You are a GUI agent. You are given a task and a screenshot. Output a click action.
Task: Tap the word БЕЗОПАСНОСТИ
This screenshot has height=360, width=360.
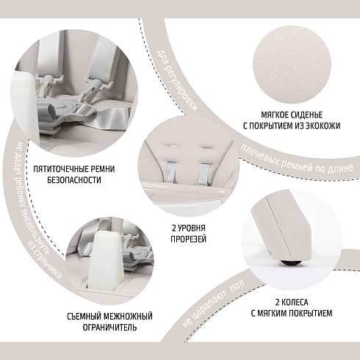pos(73,180)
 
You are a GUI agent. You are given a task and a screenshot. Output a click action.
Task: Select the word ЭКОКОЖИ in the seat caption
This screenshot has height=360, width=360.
pos(320,126)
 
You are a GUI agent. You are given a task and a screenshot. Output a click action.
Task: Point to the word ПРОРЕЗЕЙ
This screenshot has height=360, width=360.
pos(188,239)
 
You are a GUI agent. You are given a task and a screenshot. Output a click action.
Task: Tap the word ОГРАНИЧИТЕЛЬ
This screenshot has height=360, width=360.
pos(109,328)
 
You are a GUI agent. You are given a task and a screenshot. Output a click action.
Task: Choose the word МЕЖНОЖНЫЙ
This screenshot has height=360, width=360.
pos(128,317)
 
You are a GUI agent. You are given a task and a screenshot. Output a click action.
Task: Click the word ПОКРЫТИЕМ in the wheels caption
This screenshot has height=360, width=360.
pos(308,313)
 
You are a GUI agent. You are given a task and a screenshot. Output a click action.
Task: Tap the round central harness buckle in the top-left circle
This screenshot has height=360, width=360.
pos(65,108)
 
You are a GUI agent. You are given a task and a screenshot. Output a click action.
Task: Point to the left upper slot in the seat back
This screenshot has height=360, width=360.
pos(172,146)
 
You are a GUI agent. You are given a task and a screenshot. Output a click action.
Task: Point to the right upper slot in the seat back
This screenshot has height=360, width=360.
pos(207,147)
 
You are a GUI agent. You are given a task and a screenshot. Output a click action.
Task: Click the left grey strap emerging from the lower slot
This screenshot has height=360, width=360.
pos(171,172)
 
